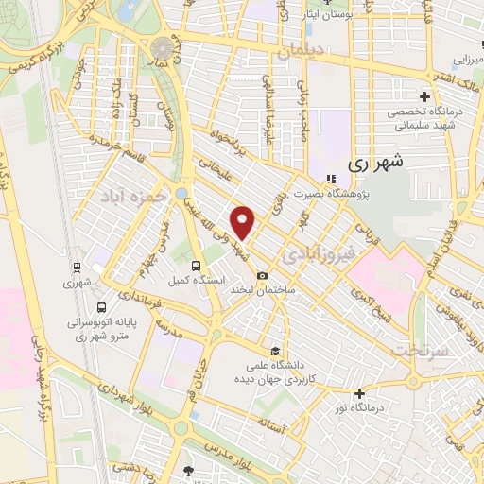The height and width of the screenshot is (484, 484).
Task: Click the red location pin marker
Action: click(x=244, y=221)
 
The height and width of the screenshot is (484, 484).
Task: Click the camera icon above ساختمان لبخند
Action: click(x=262, y=274)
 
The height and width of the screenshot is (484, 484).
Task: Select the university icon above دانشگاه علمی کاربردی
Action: click(x=275, y=349)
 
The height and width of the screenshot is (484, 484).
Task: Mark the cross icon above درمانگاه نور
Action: click(x=359, y=393)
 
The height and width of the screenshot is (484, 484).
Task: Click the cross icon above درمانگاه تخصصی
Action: click(x=424, y=96)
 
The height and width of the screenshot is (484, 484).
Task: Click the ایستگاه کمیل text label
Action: click(x=197, y=282)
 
